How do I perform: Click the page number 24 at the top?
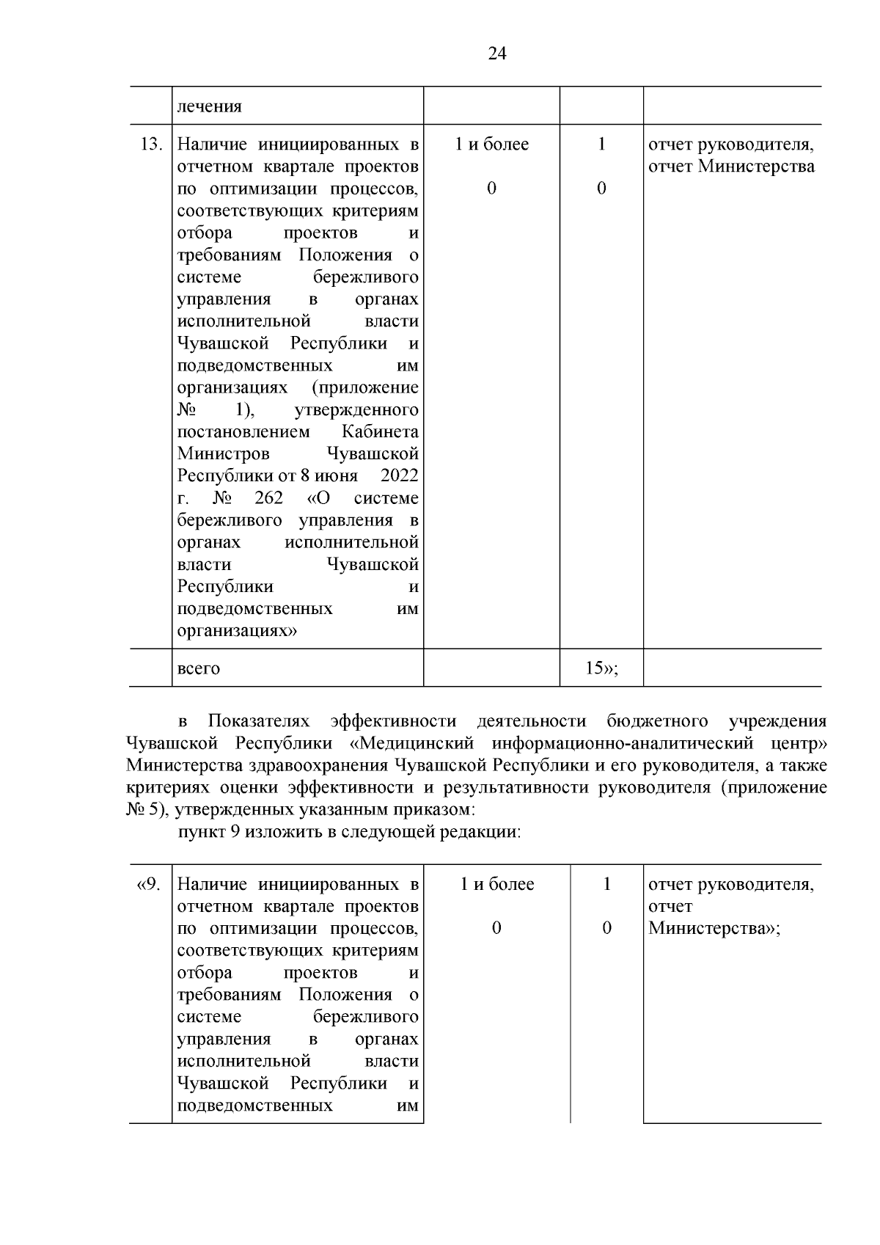(496, 54)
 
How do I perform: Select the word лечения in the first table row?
(209, 106)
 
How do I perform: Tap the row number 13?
(150, 144)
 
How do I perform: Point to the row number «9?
(149, 884)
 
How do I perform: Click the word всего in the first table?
(199, 668)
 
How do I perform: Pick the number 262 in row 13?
(268, 498)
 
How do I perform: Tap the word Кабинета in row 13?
(380, 431)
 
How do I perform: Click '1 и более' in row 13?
(491, 144)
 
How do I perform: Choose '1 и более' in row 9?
(496, 884)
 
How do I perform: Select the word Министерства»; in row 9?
(714, 928)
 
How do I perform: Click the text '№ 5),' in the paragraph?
(142, 811)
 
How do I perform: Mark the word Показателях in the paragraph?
(259, 721)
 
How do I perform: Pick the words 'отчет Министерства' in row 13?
(731, 167)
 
